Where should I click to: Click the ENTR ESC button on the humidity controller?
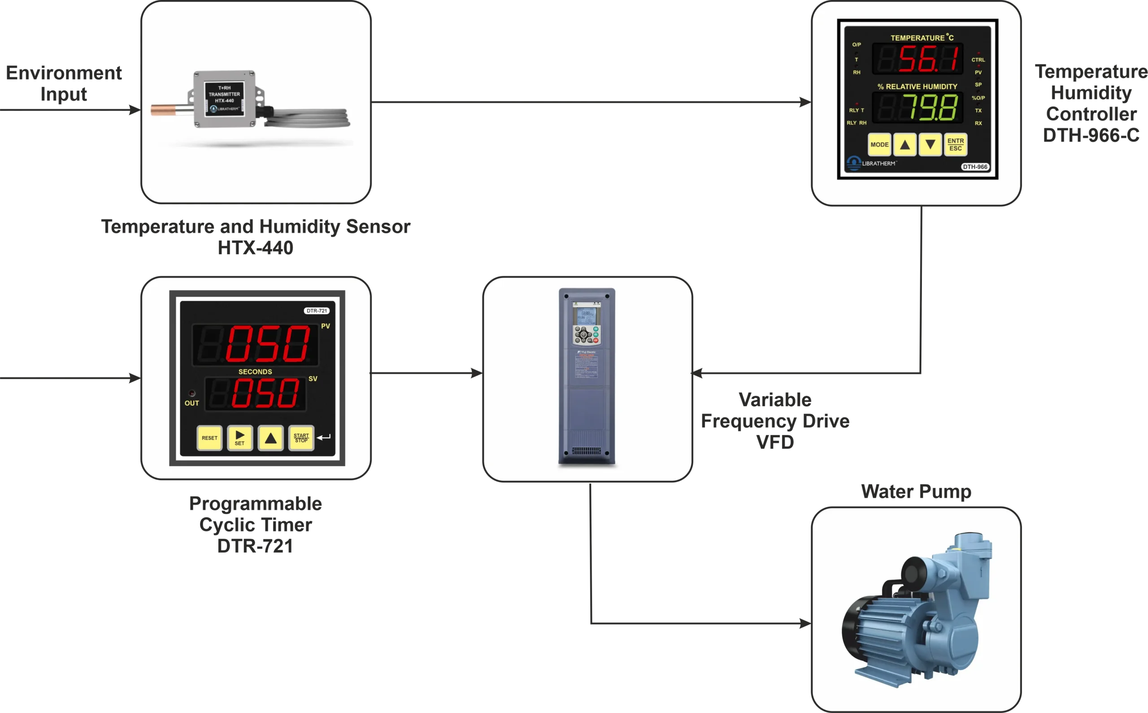pos(956,144)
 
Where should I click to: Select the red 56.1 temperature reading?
pos(928,59)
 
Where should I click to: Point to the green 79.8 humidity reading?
pos(930,108)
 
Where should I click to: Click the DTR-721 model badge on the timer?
pos(317,311)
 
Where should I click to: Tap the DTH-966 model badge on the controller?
pos(975,167)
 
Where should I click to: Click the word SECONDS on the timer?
pos(255,372)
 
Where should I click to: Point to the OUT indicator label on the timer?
pos(191,403)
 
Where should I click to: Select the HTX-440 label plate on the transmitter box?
pos(224,98)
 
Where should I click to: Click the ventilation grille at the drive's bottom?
pos(587,451)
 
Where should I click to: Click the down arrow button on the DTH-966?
pos(930,144)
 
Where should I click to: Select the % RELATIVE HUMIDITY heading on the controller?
pos(917,87)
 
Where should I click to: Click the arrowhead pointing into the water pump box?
pos(802,623)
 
